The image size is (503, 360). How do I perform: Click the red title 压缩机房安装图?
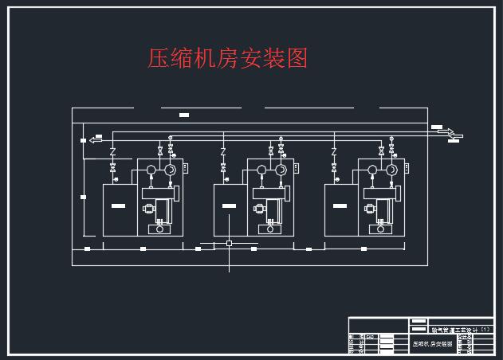click(228, 58)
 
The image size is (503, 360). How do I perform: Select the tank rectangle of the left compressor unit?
click(119, 209)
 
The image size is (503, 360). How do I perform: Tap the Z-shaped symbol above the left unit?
click(113, 151)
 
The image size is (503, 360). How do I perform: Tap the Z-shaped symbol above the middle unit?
click(223, 151)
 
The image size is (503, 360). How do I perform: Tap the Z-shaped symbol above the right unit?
click(334, 151)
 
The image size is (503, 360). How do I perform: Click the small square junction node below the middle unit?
click(229, 243)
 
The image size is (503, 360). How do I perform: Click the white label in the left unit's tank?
click(119, 206)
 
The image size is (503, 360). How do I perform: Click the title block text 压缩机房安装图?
click(432, 343)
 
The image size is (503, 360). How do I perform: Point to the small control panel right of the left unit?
click(185, 167)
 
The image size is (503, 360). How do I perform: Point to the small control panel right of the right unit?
click(406, 167)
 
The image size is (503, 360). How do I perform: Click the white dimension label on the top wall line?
click(184, 116)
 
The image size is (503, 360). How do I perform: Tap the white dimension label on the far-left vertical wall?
click(83, 195)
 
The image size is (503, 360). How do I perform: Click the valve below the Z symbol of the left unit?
click(113, 167)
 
